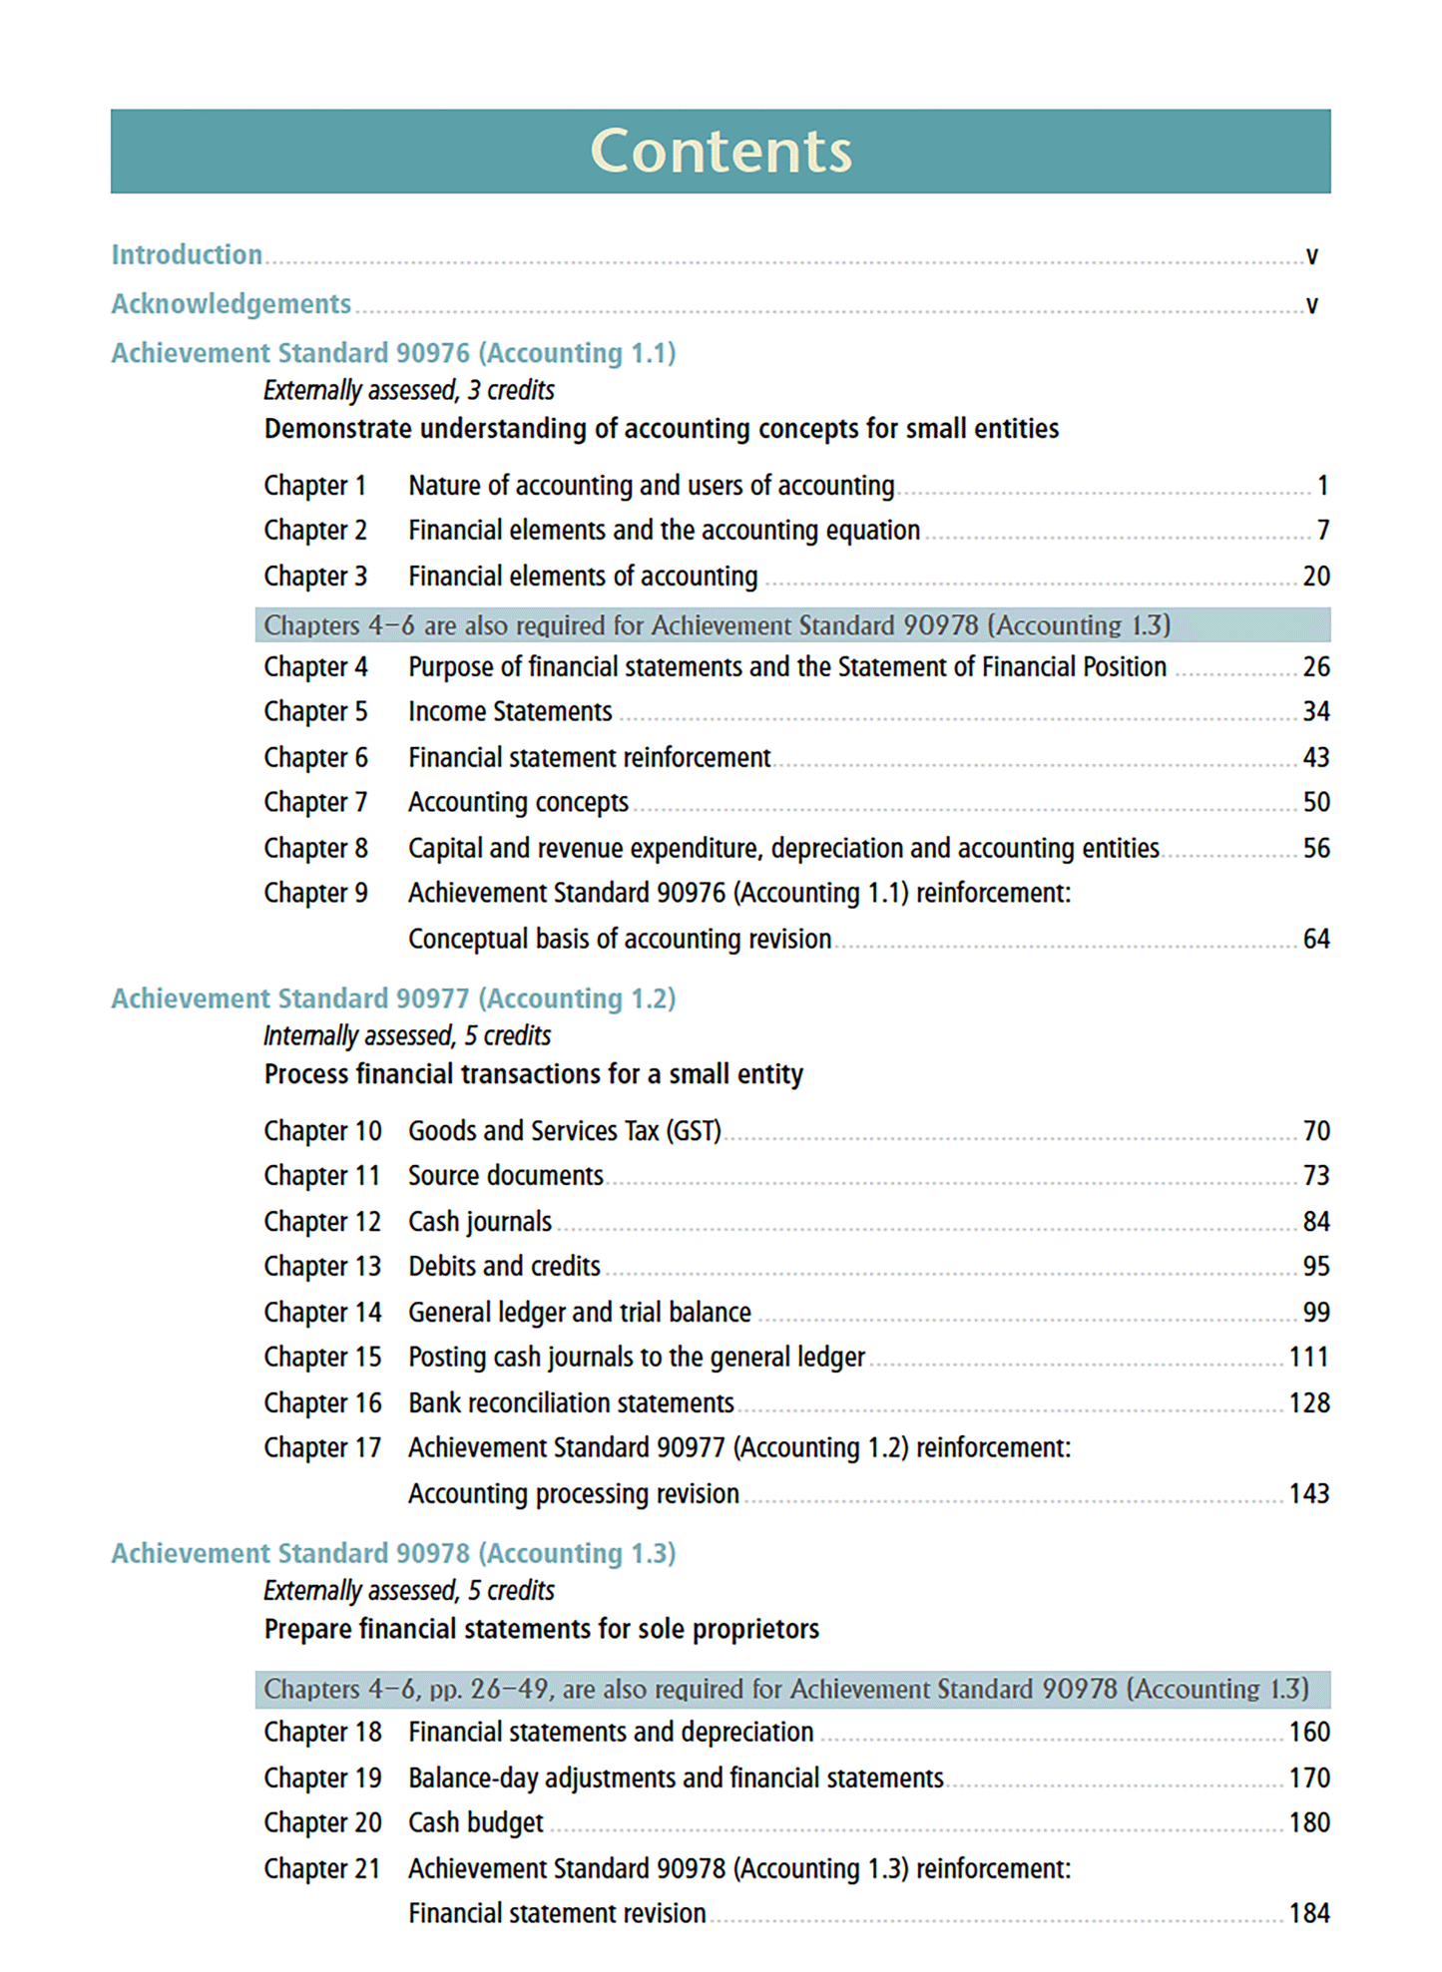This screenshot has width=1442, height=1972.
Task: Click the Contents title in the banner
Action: coord(721,152)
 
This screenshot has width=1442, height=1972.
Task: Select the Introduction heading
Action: coord(187,255)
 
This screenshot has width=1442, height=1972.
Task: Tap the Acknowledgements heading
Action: coord(231,304)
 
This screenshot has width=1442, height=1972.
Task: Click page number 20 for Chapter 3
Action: coord(1315,577)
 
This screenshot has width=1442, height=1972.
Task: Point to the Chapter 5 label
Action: coord(315,712)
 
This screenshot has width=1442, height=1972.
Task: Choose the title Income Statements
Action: coord(510,712)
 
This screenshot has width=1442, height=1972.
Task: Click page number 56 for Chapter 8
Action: coord(1315,849)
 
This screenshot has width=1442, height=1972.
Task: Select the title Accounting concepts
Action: coord(518,803)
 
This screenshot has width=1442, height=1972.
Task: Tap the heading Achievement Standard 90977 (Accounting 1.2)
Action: coord(393,999)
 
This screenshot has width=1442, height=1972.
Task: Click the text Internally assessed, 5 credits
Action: coord(407,1036)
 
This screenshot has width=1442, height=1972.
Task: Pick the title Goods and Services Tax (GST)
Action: coord(564,1131)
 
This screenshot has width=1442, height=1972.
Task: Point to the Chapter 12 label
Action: coord(322,1222)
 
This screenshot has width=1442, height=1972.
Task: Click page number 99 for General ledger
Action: coord(1315,1313)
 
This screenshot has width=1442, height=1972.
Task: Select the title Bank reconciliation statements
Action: coord(571,1403)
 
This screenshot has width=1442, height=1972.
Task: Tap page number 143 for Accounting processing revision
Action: coord(1308,1494)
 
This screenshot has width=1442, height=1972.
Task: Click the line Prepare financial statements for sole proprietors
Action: coord(541,1630)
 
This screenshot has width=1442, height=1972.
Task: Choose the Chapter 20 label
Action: coord(322,1823)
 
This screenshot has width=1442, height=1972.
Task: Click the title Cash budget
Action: coord(476,1823)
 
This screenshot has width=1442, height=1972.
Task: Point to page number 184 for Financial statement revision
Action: coord(1308,1914)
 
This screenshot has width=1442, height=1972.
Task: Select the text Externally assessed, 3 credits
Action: coord(409,391)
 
